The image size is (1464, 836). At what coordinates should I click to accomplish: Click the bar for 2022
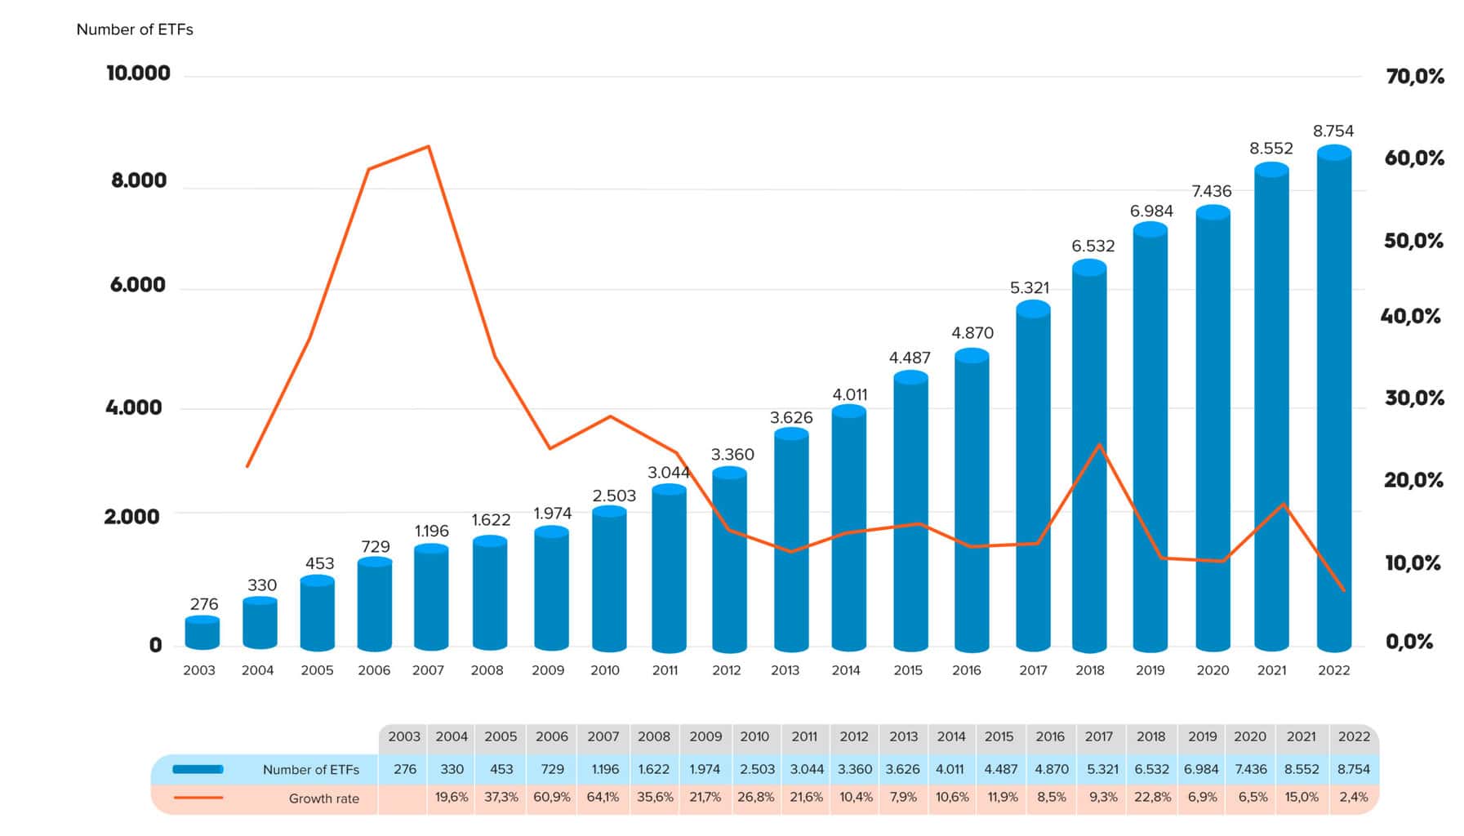pyautogui.click(x=1333, y=400)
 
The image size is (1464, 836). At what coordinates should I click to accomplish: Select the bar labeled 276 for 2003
pyautogui.click(x=202, y=634)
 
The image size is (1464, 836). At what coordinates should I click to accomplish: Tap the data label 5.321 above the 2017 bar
pyautogui.click(x=1029, y=287)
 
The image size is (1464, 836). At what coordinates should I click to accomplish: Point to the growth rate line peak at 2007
pyautogui.click(x=429, y=147)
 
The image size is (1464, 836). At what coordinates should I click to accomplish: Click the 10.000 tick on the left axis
pyautogui.click(x=138, y=73)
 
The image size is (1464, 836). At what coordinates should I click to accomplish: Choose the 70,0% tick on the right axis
pyautogui.click(x=1414, y=77)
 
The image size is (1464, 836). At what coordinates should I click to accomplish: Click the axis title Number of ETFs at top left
pyautogui.click(x=135, y=29)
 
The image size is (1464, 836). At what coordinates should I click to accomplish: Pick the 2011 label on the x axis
pyautogui.click(x=665, y=670)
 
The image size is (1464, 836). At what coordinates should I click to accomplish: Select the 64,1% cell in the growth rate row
pyautogui.click(x=603, y=797)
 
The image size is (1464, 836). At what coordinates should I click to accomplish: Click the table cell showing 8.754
pyautogui.click(x=1353, y=769)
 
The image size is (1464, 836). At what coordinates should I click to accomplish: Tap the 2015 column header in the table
pyautogui.click(x=999, y=736)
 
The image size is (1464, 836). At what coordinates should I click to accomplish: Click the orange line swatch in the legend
pyautogui.click(x=198, y=798)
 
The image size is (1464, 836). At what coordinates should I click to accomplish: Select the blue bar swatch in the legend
pyautogui.click(x=198, y=769)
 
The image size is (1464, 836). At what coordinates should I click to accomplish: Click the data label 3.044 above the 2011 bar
pyautogui.click(x=669, y=472)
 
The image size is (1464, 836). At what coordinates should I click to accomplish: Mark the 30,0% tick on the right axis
pyautogui.click(x=1413, y=398)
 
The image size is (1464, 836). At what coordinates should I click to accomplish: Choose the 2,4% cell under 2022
pyautogui.click(x=1353, y=797)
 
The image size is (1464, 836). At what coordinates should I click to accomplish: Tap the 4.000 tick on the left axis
pyautogui.click(x=134, y=407)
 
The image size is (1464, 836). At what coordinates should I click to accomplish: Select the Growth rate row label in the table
pyautogui.click(x=323, y=798)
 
